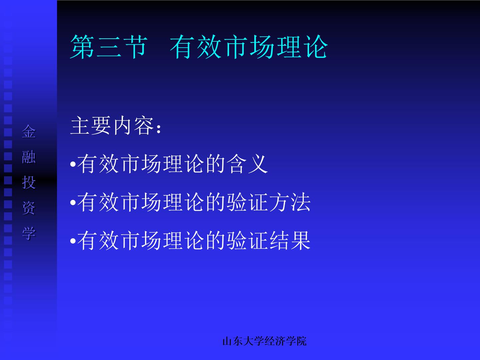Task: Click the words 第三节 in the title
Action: click(109, 47)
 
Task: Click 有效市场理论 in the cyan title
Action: click(249, 47)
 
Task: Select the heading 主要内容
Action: click(112, 126)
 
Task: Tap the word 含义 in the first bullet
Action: click(247, 164)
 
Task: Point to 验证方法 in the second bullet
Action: click(268, 202)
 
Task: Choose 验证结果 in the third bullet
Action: click(268, 240)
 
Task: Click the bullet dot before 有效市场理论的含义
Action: click(73, 164)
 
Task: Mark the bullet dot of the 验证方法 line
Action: click(73, 203)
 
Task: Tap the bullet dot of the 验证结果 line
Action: click(73, 241)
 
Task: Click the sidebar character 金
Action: click(29, 131)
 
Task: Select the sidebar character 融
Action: click(29, 157)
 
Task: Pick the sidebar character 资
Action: click(29, 208)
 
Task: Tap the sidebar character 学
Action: click(29, 233)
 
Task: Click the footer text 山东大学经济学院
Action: click(264, 341)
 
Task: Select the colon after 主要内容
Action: click(159, 129)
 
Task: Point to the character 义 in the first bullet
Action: click(258, 164)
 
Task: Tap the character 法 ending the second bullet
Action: click(300, 202)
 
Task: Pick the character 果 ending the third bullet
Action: click(300, 240)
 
